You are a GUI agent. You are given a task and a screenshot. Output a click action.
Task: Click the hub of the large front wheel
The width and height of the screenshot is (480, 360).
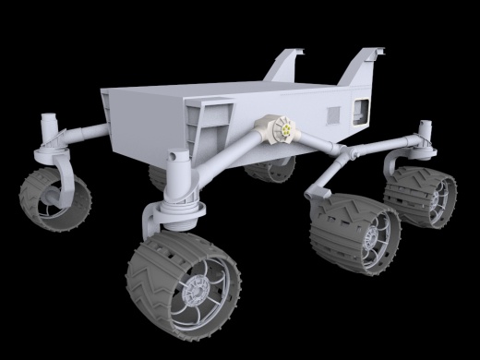coord(198,293)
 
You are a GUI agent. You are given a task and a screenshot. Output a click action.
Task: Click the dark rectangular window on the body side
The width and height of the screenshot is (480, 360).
coord(357,111)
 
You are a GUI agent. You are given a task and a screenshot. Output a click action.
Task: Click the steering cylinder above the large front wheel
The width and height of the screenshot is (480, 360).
coord(176,175)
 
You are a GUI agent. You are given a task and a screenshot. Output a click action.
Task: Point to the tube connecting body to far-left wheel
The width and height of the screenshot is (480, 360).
coord(83,134)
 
